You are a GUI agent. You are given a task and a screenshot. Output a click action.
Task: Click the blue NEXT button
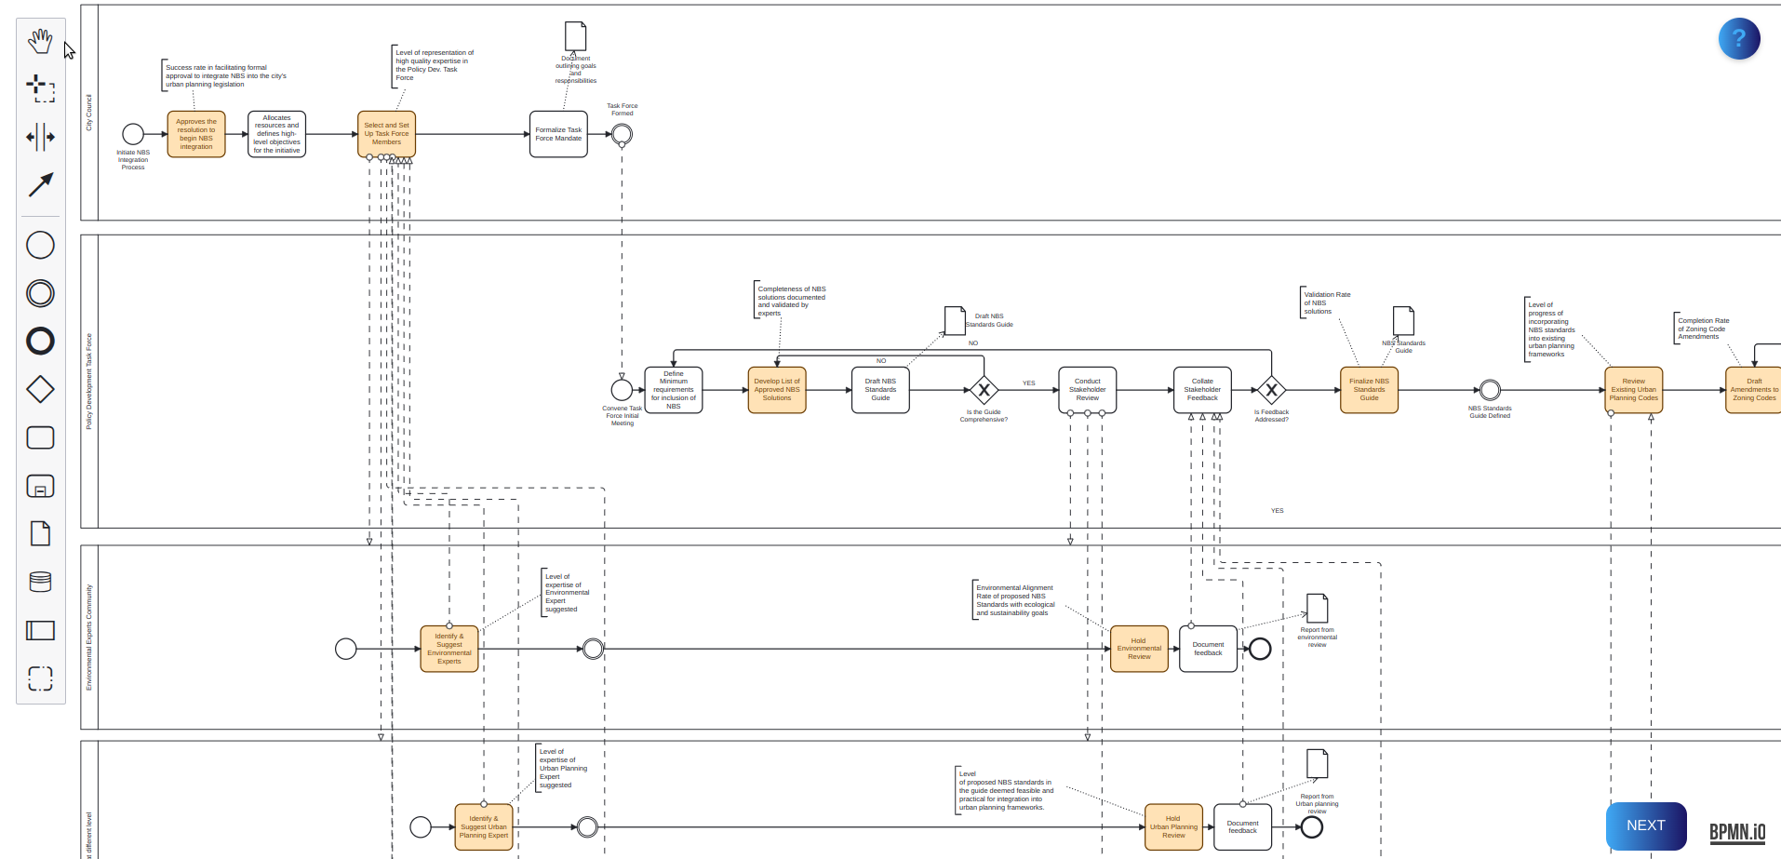tap(1645, 825)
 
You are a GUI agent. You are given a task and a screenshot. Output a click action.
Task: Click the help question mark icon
tap(1738, 39)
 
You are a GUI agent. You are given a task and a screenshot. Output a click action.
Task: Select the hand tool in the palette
tap(40, 41)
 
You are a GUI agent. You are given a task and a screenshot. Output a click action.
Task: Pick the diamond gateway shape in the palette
tap(40, 389)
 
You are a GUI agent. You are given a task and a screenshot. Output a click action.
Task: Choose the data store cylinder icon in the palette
tap(40, 582)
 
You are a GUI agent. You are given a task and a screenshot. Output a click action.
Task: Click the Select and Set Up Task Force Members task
tap(386, 134)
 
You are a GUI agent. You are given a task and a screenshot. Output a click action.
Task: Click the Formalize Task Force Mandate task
tap(558, 134)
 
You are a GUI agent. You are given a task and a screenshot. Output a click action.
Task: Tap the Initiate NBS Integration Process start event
tap(133, 134)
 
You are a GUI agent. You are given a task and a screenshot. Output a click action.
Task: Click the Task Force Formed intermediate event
tap(622, 134)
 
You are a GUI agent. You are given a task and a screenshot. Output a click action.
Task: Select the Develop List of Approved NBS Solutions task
tap(777, 390)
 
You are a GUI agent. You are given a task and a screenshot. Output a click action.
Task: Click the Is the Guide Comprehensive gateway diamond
tap(984, 390)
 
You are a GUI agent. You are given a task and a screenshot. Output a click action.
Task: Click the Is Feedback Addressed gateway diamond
tap(1271, 390)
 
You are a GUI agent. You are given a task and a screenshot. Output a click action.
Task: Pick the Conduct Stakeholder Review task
tap(1087, 390)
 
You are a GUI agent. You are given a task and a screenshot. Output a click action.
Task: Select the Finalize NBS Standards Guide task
tap(1369, 390)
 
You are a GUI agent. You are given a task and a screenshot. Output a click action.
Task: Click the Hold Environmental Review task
tap(1139, 649)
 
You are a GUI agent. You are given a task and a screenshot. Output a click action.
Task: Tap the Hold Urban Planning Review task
tap(1173, 826)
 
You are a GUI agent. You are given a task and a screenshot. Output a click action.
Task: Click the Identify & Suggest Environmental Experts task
tap(449, 649)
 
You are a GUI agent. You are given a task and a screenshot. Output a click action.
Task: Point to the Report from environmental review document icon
tap(1317, 608)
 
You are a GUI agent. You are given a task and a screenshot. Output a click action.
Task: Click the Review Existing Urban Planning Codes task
tap(1633, 390)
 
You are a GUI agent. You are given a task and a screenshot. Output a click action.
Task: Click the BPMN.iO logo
tap(1736, 832)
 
